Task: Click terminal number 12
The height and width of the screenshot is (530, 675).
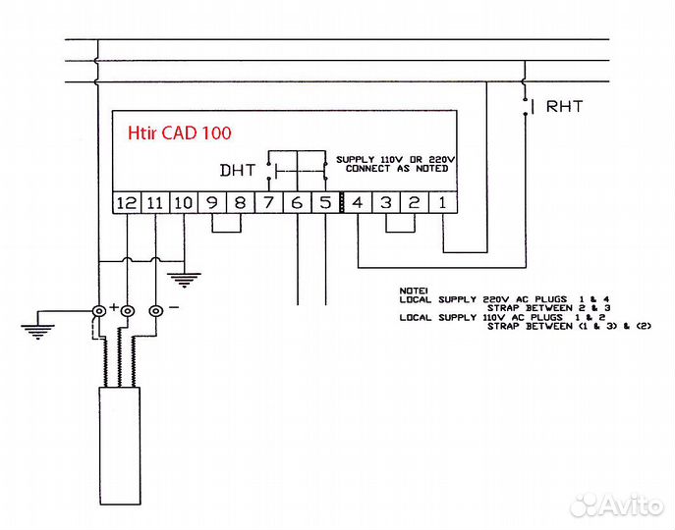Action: tap(126, 203)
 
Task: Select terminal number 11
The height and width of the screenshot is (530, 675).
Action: tap(154, 203)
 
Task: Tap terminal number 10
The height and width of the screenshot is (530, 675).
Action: tap(184, 203)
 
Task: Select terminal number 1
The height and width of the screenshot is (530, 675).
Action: tap(443, 203)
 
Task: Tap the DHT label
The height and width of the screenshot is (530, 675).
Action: tap(237, 170)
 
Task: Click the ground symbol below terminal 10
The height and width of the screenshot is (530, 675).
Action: tap(183, 278)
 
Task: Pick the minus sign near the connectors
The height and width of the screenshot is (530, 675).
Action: tap(174, 307)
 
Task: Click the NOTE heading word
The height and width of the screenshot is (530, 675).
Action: tap(411, 291)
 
